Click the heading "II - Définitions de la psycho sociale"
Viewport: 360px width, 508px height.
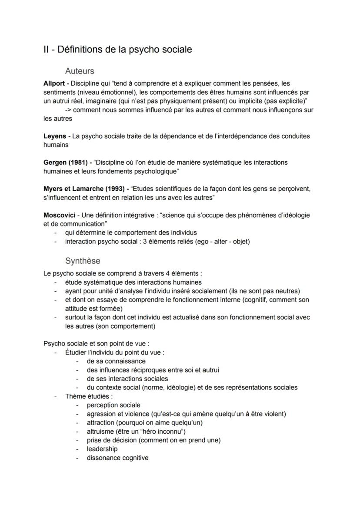click(117, 49)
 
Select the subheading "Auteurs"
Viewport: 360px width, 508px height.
click(80, 71)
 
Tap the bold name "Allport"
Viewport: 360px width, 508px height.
click(55, 83)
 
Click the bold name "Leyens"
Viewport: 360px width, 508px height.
click(55, 136)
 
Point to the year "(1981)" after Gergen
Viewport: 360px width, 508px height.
click(79, 162)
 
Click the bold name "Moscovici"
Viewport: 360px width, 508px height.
click(60, 215)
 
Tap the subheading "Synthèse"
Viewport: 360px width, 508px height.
click(83, 261)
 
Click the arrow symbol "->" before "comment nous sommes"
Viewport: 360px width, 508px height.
click(68, 110)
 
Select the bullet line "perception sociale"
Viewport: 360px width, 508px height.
click(113, 405)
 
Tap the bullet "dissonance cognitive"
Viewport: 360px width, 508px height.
click(117, 458)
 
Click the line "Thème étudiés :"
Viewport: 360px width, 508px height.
click(89, 396)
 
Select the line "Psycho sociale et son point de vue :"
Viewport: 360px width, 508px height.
click(96, 343)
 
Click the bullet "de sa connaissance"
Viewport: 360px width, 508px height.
click(116, 361)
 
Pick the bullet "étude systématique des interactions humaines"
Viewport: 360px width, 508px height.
click(133, 282)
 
